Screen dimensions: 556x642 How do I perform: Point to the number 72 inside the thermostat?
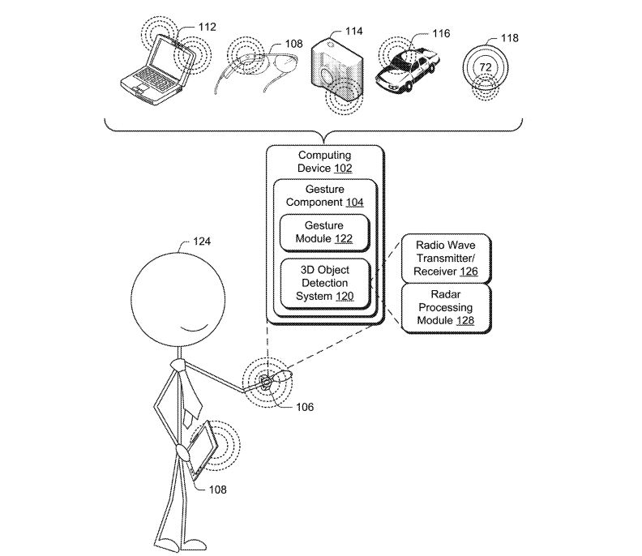[486, 65]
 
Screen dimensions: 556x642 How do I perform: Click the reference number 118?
[510, 38]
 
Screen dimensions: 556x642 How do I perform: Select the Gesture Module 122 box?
[324, 232]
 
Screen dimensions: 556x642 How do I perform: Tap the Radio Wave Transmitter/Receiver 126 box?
[446, 258]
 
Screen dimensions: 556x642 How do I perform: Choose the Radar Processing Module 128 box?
[446, 309]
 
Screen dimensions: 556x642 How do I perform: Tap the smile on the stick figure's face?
[192, 327]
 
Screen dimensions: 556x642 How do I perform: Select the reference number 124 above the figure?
[203, 241]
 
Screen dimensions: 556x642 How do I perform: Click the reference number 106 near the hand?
[304, 407]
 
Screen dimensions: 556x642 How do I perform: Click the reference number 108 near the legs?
[216, 490]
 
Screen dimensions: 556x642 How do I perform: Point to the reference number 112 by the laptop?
[207, 27]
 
